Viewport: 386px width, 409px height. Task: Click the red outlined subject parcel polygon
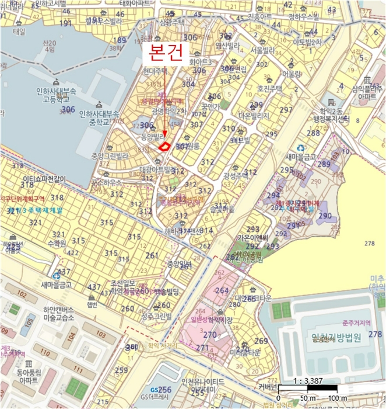pos(165,145)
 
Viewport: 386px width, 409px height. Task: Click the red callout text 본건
pos(166,53)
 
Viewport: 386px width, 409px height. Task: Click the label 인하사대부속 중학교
pos(99,119)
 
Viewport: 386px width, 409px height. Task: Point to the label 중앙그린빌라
pos(105,156)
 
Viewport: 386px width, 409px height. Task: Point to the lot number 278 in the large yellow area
pos(369,242)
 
